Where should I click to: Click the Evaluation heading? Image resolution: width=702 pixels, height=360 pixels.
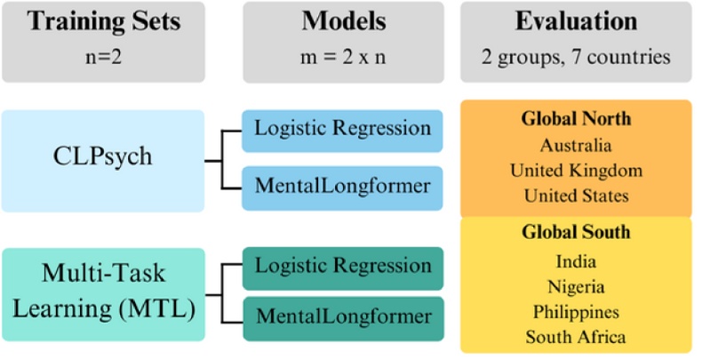576,21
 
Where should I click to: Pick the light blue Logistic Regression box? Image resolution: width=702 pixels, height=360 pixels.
342,128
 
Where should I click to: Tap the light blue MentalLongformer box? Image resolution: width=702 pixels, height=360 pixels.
342,188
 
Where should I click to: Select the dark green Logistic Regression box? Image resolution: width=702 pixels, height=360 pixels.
342,267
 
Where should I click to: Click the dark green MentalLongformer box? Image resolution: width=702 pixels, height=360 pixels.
342,317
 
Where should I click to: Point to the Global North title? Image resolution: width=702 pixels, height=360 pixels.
575,119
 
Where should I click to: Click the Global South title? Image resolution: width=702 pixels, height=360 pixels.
575,233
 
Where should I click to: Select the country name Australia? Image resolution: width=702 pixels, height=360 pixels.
575,144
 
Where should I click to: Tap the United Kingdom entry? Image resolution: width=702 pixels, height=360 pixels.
575,169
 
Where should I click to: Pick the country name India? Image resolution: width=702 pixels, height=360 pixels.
575,262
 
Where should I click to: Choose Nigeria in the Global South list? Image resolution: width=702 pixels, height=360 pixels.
575,287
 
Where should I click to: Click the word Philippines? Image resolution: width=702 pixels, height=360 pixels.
575,312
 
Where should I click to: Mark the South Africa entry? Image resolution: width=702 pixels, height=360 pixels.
575,337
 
